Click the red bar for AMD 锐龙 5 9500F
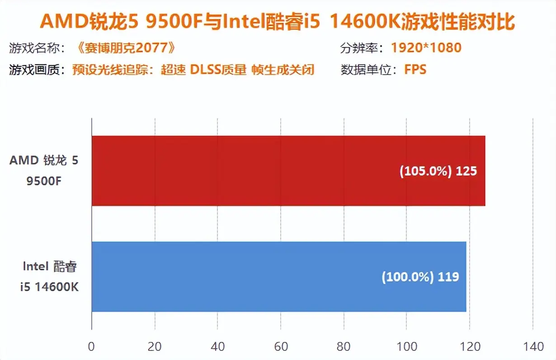pyautogui.click(x=288, y=171)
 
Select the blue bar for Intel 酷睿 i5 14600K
pyautogui.click(x=279, y=276)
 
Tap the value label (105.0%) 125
pyautogui.click(x=438, y=172)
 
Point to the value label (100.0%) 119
pyautogui.click(x=420, y=277)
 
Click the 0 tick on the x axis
pyautogui.click(x=92, y=347)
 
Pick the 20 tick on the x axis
pyautogui.click(x=155, y=347)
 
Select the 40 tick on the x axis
pyautogui.click(x=217, y=347)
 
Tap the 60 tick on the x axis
pyautogui.click(x=281, y=347)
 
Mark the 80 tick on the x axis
pyautogui.click(x=344, y=347)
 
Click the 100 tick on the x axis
pyautogui.click(x=406, y=347)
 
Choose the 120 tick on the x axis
pyautogui.click(x=470, y=347)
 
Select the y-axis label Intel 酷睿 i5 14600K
pyautogui.click(x=49, y=276)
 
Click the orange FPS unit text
pyautogui.click(x=415, y=70)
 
